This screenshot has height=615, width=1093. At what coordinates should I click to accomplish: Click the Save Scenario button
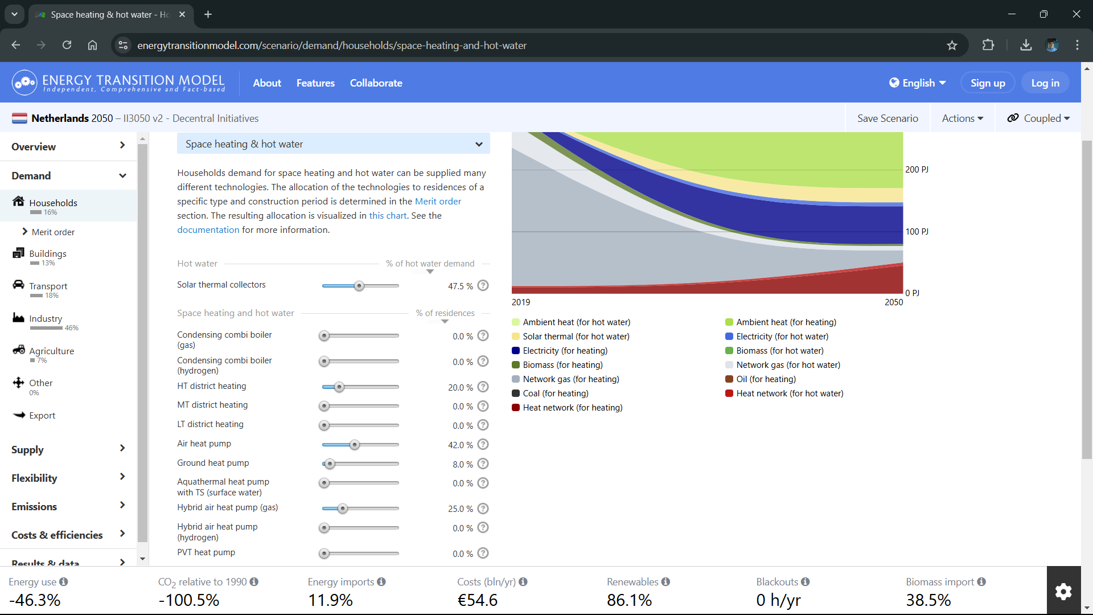887,118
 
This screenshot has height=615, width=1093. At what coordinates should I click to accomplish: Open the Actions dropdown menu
962,118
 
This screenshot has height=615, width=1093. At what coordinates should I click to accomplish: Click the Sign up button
988,83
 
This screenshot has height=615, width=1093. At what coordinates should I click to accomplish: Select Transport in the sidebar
48,286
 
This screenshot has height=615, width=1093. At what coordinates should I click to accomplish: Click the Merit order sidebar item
53,232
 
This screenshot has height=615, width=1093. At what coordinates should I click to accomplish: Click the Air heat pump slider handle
355,445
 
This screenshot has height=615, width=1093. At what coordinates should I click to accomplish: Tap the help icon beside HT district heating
483,387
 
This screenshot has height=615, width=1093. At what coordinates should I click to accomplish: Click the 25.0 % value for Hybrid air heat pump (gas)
460,509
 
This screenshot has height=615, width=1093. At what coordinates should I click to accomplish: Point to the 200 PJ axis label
917,170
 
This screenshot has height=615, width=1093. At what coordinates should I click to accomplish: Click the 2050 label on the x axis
894,302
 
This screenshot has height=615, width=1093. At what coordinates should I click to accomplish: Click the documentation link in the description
208,230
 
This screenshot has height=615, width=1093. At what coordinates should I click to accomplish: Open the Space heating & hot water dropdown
334,144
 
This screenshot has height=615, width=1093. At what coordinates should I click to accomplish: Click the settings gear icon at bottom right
1063,591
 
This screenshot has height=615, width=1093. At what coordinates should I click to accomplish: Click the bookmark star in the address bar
952,46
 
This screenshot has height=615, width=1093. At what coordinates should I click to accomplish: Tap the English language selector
918,83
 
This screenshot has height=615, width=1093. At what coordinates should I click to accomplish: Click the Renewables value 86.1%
629,600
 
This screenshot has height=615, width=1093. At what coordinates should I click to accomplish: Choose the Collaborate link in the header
376,83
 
